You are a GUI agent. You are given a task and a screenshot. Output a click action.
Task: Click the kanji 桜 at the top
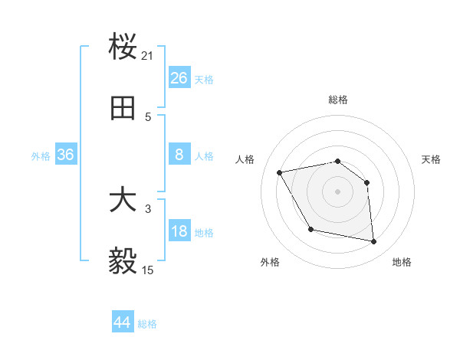click(123, 47)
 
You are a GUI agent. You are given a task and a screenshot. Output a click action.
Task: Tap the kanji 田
click(123, 109)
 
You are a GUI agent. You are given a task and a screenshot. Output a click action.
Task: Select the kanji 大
click(123, 201)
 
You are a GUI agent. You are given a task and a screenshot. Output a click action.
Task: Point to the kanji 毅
click(123, 262)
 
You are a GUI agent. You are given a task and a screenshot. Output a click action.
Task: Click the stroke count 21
click(148, 56)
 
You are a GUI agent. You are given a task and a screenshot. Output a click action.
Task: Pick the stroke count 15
click(148, 270)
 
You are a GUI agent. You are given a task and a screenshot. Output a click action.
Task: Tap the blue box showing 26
click(179, 78)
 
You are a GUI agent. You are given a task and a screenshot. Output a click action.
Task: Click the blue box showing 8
click(179, 155)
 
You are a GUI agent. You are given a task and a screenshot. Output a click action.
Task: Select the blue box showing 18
click(179, 231)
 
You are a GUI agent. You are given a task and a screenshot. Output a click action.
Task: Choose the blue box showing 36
click(66, 155)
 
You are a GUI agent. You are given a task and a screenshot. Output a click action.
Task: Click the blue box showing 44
click(123, 322)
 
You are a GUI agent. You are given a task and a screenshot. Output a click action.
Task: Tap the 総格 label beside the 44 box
click(147, 324)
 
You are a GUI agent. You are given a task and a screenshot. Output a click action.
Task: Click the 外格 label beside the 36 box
click(41, 156)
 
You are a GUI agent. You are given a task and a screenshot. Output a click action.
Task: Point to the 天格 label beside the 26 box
click(204, 80)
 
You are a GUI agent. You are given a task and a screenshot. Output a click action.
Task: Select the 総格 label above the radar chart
click(338, 100)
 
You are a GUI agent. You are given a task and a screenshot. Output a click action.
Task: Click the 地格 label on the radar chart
click(402, 262)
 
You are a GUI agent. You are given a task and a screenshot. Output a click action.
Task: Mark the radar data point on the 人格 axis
click(279, 172)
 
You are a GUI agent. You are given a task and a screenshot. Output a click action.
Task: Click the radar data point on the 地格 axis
click(374, 242)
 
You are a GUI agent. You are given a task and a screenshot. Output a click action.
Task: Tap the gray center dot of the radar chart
click(337, 191)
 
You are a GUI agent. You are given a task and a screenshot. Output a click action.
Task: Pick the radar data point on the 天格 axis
click(366, 182)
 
